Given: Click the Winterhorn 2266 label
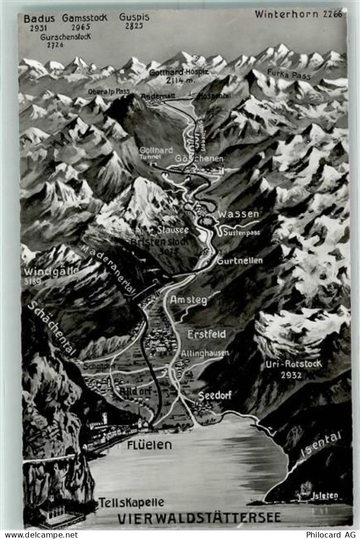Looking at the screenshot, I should (x=298, y=14).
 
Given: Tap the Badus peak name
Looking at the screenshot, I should (x=39, y=19).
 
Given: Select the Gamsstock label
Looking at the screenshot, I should (x=84, y=18).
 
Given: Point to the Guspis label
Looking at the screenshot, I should (x=134, y=17).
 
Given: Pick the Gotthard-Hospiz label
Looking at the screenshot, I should (x=179, y=72).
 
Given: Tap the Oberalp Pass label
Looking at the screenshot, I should (x=109, y=91).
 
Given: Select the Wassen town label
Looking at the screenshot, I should (x=238, y=214).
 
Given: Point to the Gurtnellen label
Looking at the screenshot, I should (x=239, y=261).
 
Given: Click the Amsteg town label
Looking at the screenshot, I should (x=189, y=300).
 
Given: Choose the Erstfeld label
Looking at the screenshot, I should (x=206, y=334).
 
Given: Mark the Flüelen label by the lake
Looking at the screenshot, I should (x=149, y=445).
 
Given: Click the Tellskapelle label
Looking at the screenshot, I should (x=131, y=502).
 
